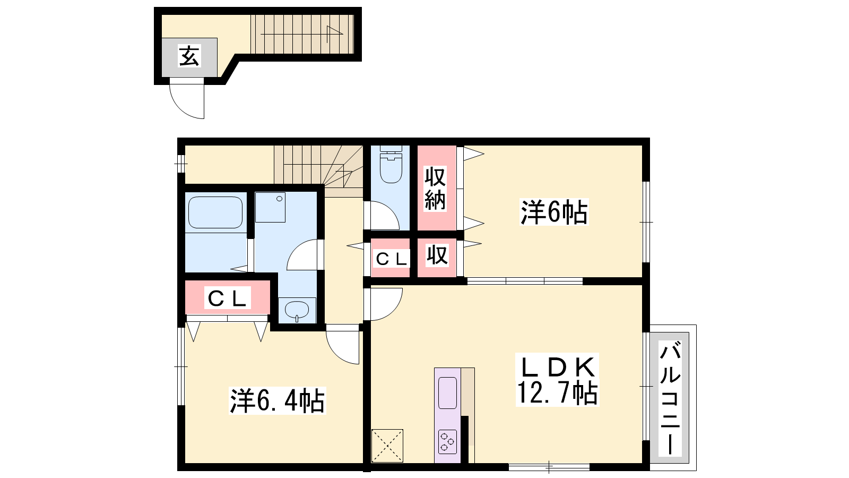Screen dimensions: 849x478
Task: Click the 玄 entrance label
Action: click(189, 56)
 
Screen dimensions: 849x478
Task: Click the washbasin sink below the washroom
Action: click(297, 310)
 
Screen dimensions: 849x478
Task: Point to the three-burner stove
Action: click(447, 441)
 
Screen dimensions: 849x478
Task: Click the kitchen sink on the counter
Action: click(447, 392)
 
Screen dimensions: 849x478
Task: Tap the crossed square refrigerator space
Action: click(387, 446)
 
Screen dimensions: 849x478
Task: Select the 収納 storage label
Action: click(435, 188)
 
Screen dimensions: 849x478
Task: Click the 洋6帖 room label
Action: click(554, 212)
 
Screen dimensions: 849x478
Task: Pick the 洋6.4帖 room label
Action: click(277, 400)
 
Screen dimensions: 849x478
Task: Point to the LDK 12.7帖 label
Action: click(557, 380)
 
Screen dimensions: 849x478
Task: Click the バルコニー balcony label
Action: click(670, 398)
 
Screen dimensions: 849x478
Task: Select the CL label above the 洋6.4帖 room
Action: click(227, 298)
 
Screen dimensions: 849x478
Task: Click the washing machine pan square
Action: click(270, 207)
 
